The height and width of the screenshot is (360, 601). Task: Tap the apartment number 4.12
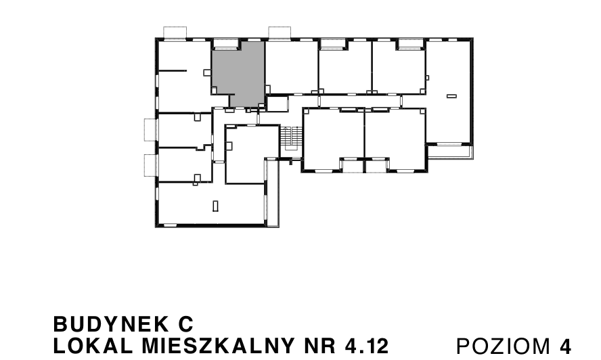(366, 346)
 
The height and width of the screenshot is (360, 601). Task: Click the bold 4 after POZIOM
(566, 346)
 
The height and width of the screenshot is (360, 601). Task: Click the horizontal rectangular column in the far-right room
(451, 97)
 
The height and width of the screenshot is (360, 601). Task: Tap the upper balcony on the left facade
(150, 129)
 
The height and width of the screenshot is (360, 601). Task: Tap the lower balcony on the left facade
(150, 164)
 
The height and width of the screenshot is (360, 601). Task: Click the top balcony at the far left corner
(175, 32)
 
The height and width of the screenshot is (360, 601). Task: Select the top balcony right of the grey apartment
(280, 32)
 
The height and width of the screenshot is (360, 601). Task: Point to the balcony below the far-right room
(449, 152)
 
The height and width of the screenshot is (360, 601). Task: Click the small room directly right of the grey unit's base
(277, 104)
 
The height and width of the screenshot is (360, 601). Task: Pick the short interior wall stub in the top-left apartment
(172, 70)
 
